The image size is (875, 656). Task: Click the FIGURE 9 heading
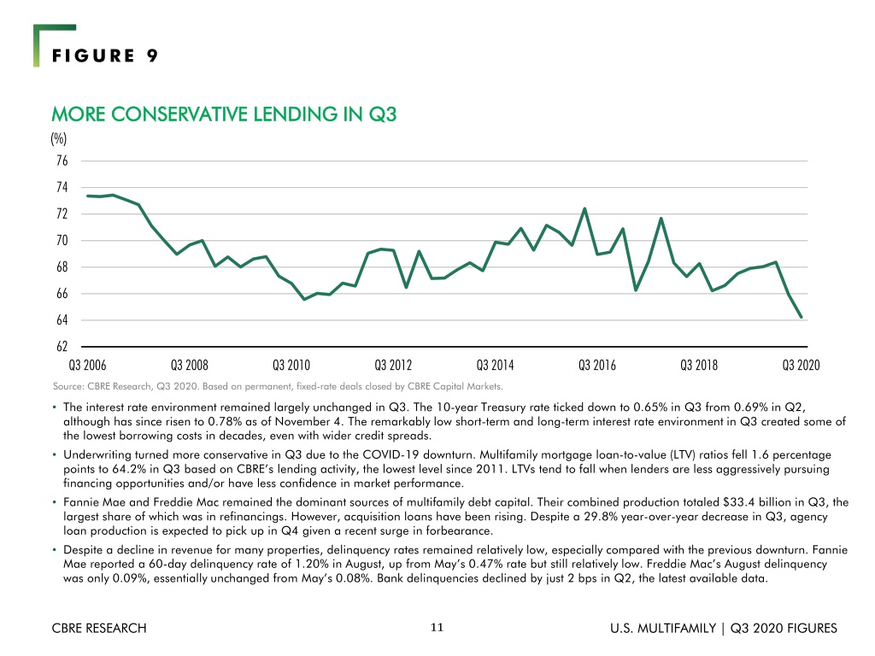105,56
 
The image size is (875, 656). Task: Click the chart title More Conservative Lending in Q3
224,114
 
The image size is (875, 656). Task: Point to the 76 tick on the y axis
62,161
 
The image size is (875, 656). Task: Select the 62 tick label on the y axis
62,347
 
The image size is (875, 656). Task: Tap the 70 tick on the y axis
62,240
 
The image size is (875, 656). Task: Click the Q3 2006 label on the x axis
87,366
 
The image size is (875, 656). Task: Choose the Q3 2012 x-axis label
393,366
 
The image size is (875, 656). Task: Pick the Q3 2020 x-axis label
801,366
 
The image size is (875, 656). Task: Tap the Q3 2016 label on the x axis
597,366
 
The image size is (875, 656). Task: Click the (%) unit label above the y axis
59,138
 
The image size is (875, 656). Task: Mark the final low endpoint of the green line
802,317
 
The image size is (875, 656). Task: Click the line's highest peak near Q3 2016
584,209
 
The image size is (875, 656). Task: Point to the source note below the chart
278,386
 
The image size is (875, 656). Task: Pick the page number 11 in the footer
437,628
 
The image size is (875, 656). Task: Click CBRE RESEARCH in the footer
99,628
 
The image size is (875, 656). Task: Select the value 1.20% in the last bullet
311,564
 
